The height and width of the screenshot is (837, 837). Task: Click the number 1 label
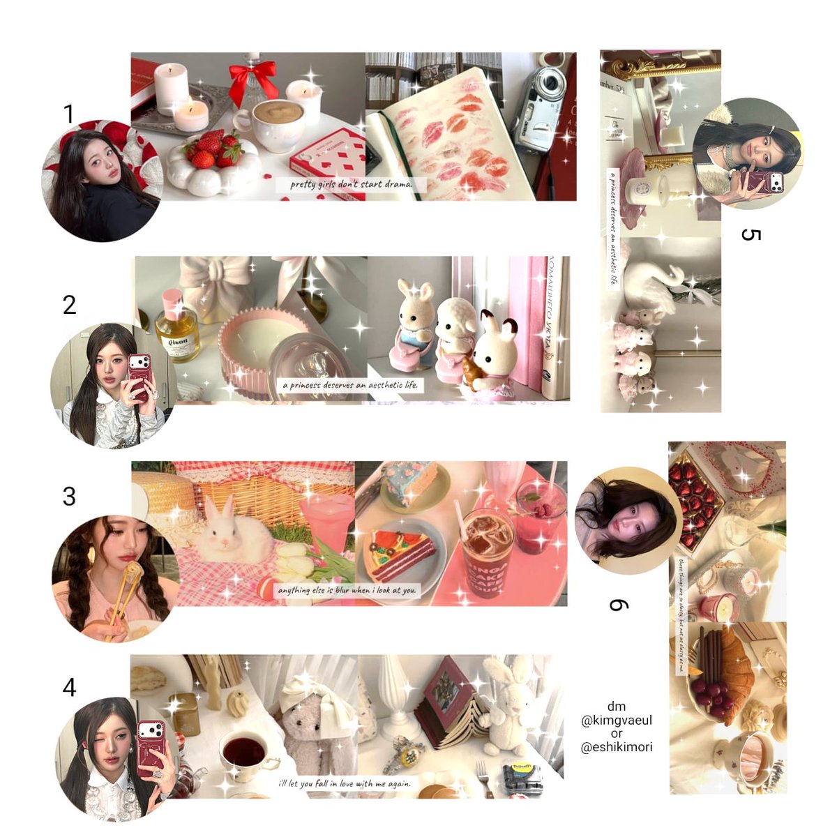pos(68,114)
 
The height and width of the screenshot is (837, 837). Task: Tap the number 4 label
pos(68,688)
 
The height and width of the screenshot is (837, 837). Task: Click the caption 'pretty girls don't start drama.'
pos(351,185)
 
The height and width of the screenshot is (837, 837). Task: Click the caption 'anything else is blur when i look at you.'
pos(347,590)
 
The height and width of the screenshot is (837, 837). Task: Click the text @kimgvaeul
pos(617,721)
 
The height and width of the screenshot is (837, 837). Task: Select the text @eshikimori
pos(617,747)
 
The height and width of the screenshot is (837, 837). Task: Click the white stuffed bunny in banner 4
pos(504,704)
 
